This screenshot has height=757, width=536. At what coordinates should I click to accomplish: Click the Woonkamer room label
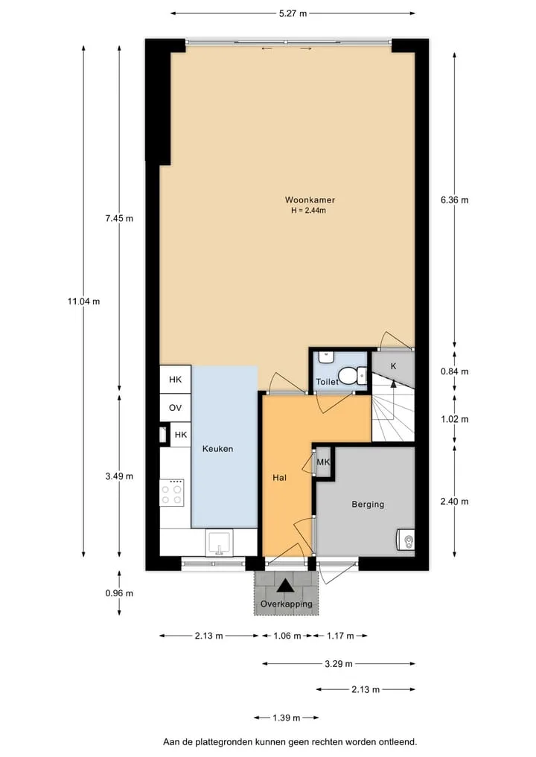point(310,200)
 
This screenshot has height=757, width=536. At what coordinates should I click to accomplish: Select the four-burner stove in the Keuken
point(172,493)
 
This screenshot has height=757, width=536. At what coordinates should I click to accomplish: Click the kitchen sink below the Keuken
point(219,543)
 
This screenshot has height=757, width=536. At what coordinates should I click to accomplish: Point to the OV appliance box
point(175,408)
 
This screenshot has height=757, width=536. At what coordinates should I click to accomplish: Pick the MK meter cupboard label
point(323,462)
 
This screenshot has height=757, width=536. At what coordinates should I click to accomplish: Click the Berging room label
point(368,505)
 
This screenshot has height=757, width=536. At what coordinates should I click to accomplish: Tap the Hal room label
point(280,478)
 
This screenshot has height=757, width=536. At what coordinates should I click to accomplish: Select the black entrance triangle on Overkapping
point(285,586)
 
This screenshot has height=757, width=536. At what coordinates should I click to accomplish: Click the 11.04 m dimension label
point(84,301)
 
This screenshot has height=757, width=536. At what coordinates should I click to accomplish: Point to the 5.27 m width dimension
point(293,13)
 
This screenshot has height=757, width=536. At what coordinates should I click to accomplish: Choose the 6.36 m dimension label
point(454,200)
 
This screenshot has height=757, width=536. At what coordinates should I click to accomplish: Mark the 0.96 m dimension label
point(119,593)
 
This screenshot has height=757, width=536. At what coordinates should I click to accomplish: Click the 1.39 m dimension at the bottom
point(287,718)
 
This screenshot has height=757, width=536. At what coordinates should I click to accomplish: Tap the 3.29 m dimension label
point(339,664)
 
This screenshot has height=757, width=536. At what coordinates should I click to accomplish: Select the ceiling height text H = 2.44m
point(308,211)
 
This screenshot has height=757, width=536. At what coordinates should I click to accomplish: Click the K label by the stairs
point(394,366)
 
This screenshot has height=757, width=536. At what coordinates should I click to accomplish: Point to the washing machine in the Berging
point(406,540)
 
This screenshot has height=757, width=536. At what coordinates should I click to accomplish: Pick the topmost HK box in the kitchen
point(175,380)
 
